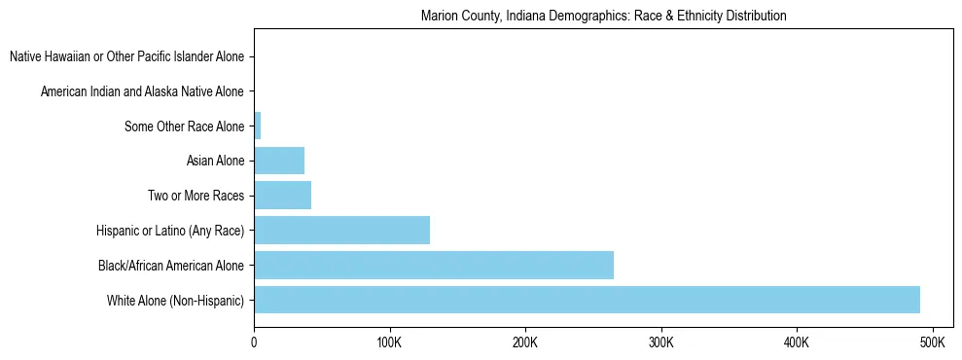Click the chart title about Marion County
[x=603, y=17]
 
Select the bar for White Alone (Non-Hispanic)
[x=587, y=300]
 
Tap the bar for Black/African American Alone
[x=434, y=265]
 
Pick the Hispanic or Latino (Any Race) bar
[x=341, y=231]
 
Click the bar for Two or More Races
[x=282, y=196]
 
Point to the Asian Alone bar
[x=279, y=161]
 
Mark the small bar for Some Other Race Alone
[x=258, y=126]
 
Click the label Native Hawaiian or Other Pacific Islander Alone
[x=126, y=56]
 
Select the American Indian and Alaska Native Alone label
[x=142, y=91]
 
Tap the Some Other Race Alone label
[x=185, y=126]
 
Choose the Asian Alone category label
[x=215, y=161]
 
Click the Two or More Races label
[x=196, y=196]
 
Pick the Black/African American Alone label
[x=171, y=265]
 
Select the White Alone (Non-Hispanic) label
[x=176, y=300]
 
